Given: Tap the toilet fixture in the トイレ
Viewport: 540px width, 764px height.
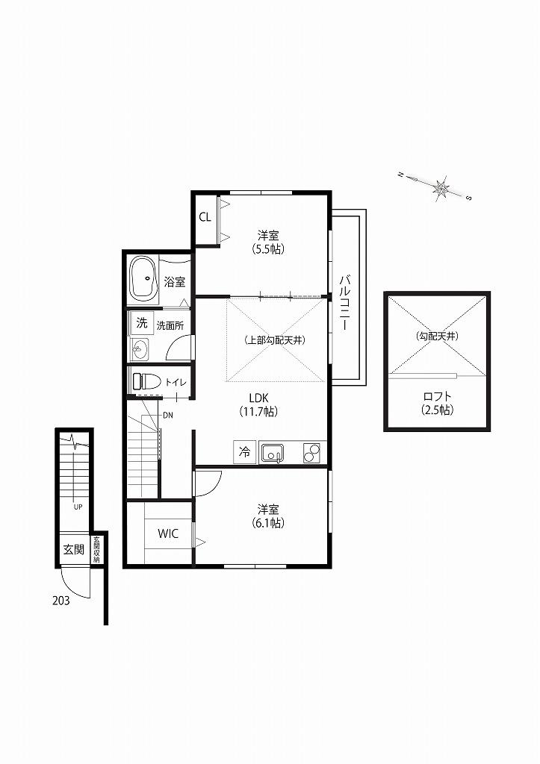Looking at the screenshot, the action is pos(147,381).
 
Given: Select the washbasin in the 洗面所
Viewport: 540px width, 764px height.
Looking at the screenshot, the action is pos(140,349).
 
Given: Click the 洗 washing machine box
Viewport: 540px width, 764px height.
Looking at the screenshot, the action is pos(141,322).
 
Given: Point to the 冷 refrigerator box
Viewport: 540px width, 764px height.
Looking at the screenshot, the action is pos(245,451).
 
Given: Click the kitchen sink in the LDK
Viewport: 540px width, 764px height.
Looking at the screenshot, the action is pos(272,453).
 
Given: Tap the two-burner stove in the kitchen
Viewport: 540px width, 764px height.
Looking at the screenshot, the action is pos(311,453).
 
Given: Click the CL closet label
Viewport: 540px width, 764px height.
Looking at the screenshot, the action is pos(205,217).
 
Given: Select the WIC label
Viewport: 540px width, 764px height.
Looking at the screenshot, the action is pos(168,533).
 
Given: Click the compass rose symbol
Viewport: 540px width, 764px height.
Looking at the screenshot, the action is pos(441,187).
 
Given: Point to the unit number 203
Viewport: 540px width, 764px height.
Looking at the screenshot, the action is pos(61,601).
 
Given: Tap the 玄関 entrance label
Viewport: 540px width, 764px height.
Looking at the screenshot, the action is pos(74,550).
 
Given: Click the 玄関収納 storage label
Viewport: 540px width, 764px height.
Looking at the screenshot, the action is pos(96,550).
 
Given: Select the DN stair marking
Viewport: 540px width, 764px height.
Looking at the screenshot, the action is pos(168,415).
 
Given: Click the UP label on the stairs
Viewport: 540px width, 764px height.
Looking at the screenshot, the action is pos(78,507).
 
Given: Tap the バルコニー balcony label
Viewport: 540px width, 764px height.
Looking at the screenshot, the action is pos(345,303).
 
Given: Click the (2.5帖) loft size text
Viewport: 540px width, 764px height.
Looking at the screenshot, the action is pos(438,410).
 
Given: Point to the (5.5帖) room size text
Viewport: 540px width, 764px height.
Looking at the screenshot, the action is pos(268,249).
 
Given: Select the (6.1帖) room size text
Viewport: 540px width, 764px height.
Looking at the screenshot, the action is pos(268,523).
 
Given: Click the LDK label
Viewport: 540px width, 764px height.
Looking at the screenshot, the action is pos(259,397).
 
